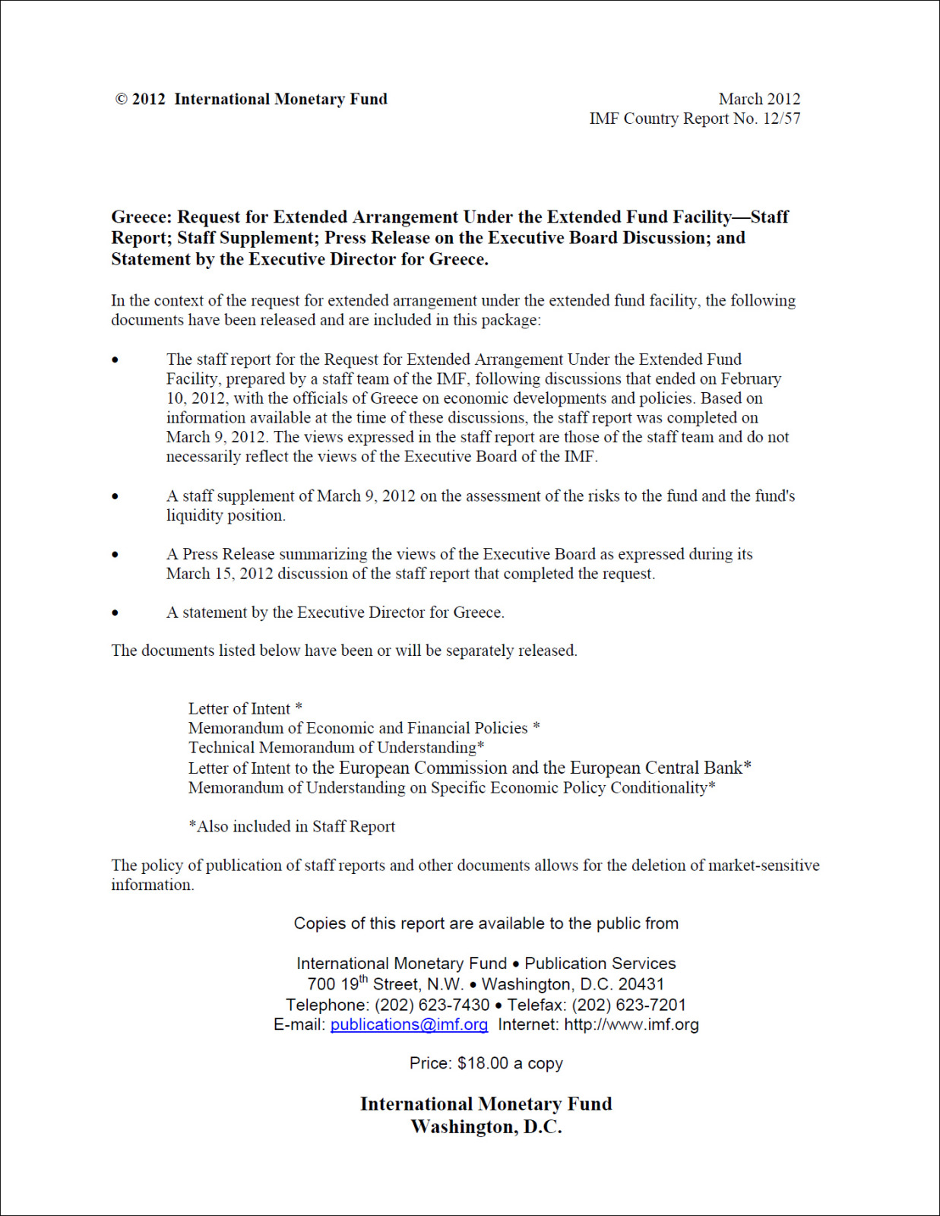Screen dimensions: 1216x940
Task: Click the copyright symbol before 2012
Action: pos(122,100)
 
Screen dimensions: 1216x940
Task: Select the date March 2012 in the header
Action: pos(759,99)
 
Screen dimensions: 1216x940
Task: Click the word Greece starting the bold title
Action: pos(140,217)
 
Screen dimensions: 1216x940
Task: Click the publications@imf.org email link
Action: pos(409,1024)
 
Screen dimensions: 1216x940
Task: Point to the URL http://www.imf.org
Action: pos(631,1024)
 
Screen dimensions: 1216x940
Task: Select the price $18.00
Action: pos(483,1063)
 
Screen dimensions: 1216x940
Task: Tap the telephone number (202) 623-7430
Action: pos(432,1005)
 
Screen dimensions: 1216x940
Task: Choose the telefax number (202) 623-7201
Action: pos(628,1005)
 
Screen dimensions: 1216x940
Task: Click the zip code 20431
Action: pos(641,984)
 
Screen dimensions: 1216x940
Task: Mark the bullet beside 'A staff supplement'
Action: pos(116,497)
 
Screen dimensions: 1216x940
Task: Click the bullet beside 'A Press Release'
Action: pos(116,555)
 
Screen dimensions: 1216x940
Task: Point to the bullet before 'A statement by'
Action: pos(116,613)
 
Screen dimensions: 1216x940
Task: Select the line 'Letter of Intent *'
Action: pos(245,709)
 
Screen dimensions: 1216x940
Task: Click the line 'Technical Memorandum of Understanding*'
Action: pos(336,748)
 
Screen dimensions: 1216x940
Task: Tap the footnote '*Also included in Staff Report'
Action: pos(292,827)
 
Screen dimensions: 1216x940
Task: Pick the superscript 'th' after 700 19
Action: pos(363,979)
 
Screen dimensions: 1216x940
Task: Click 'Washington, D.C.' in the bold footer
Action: pos(486,1127)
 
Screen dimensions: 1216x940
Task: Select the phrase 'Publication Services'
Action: pos(600,964)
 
